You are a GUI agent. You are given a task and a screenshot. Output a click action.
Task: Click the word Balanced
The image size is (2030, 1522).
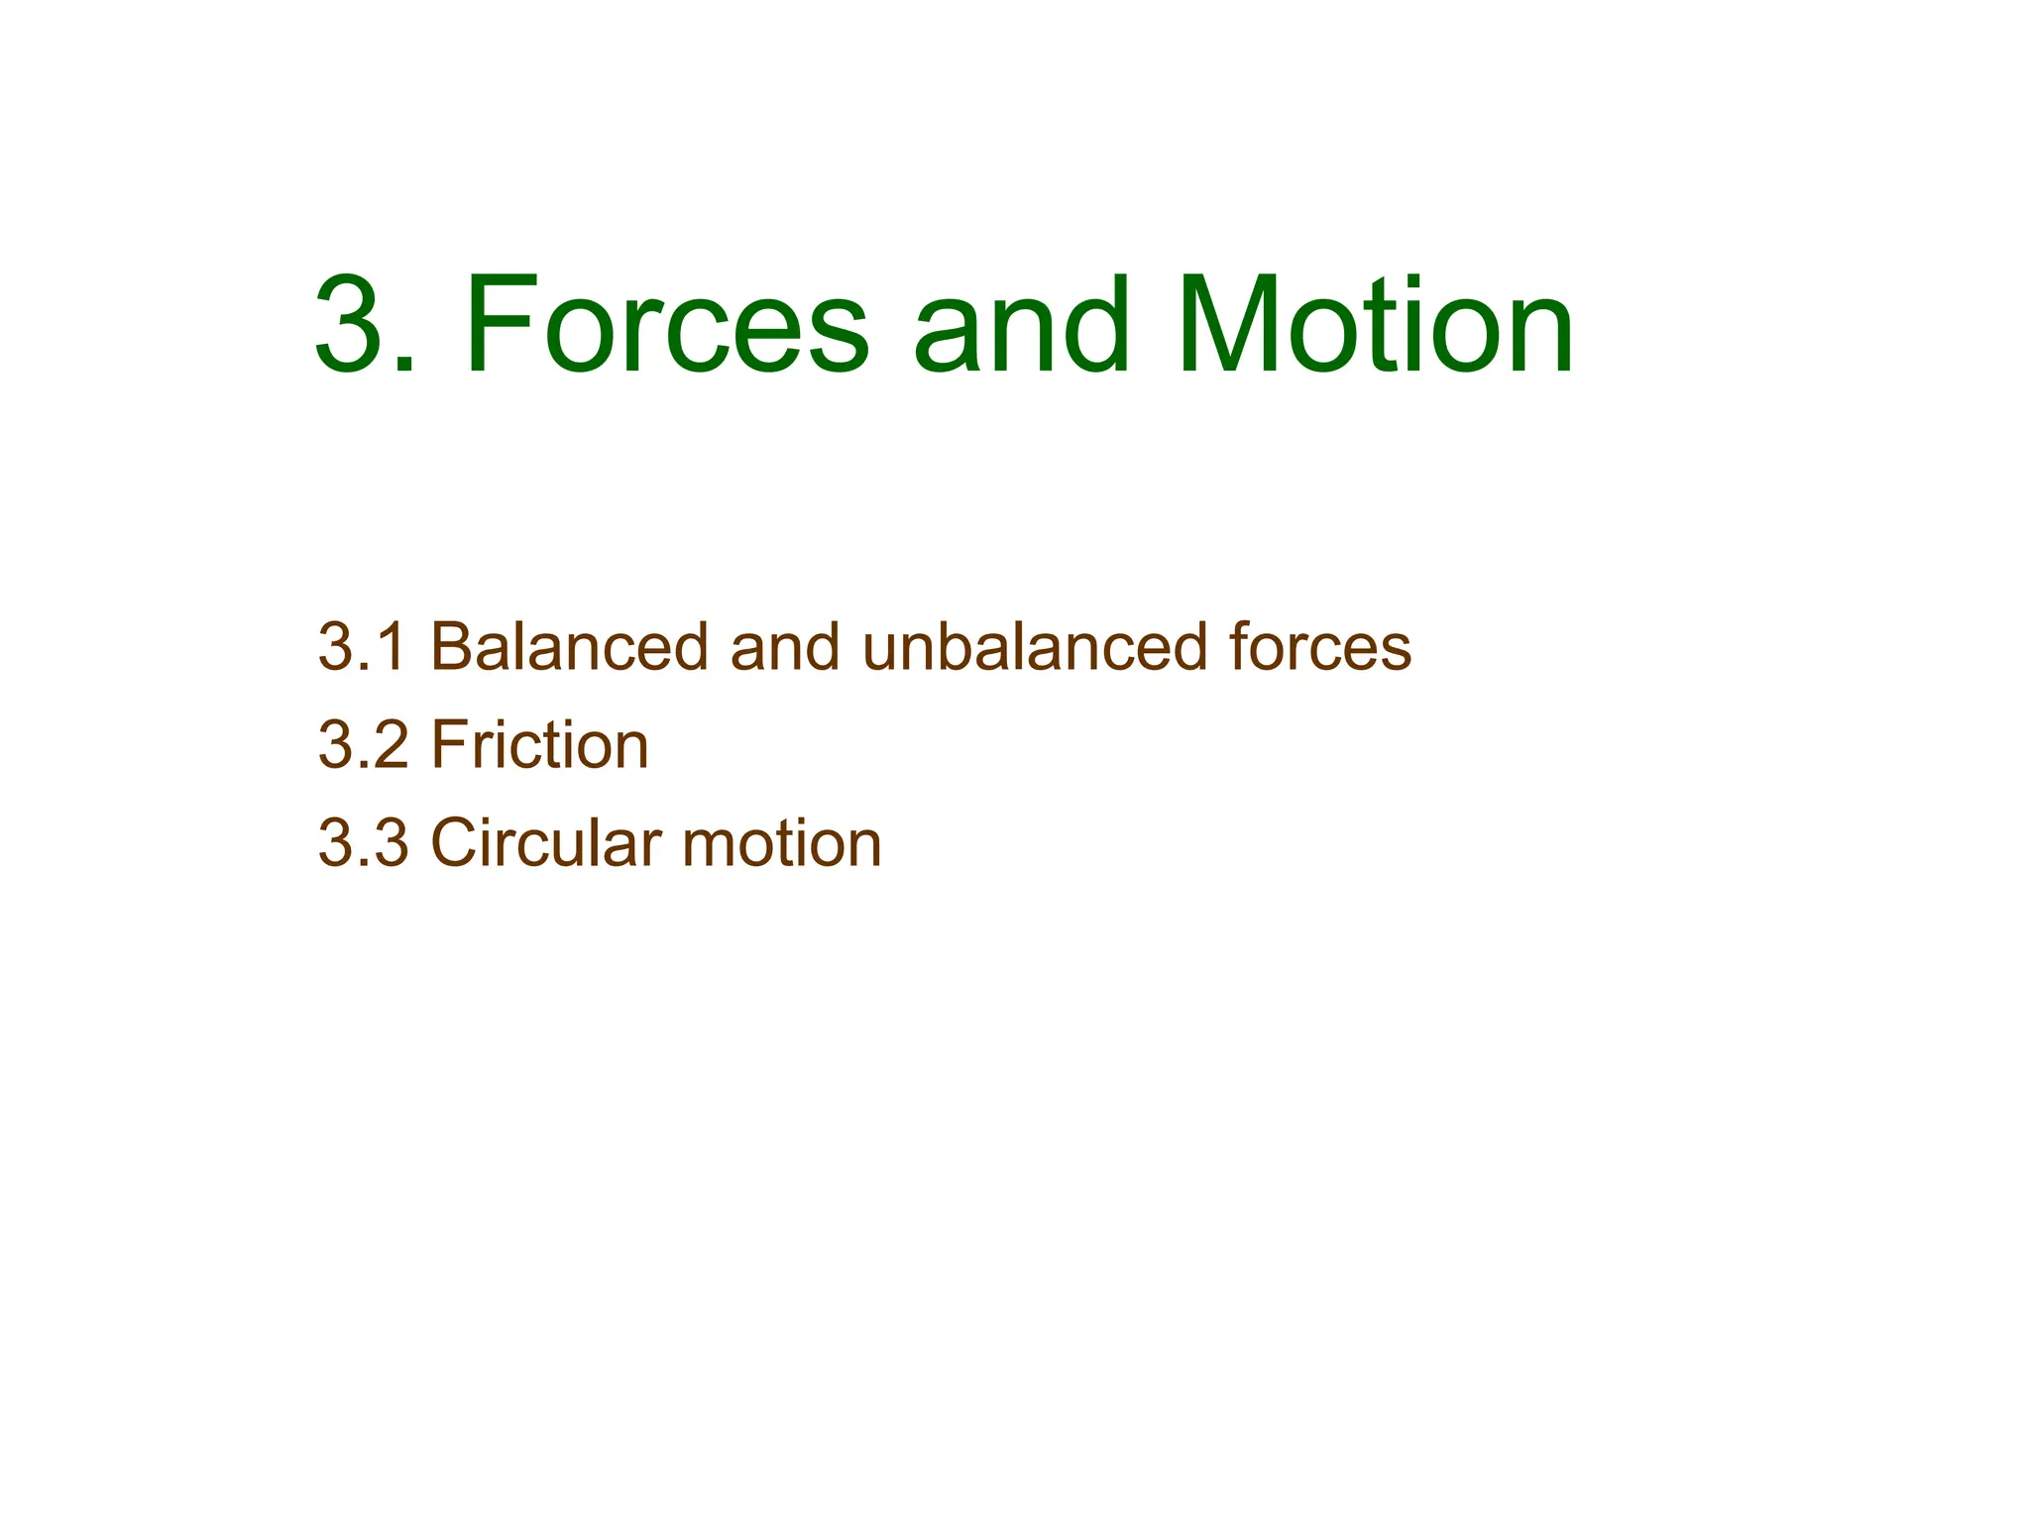[x=569, y=647]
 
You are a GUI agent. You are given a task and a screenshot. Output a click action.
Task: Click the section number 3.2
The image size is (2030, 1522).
[x=363, y=745]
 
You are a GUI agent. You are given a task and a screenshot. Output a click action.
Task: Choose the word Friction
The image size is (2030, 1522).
[x=539, y=745]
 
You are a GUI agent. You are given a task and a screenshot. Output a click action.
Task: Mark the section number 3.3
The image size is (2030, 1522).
[x=363, y=843]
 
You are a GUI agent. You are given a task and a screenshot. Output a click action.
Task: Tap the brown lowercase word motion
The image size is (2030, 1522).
[x=782, y=843]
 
